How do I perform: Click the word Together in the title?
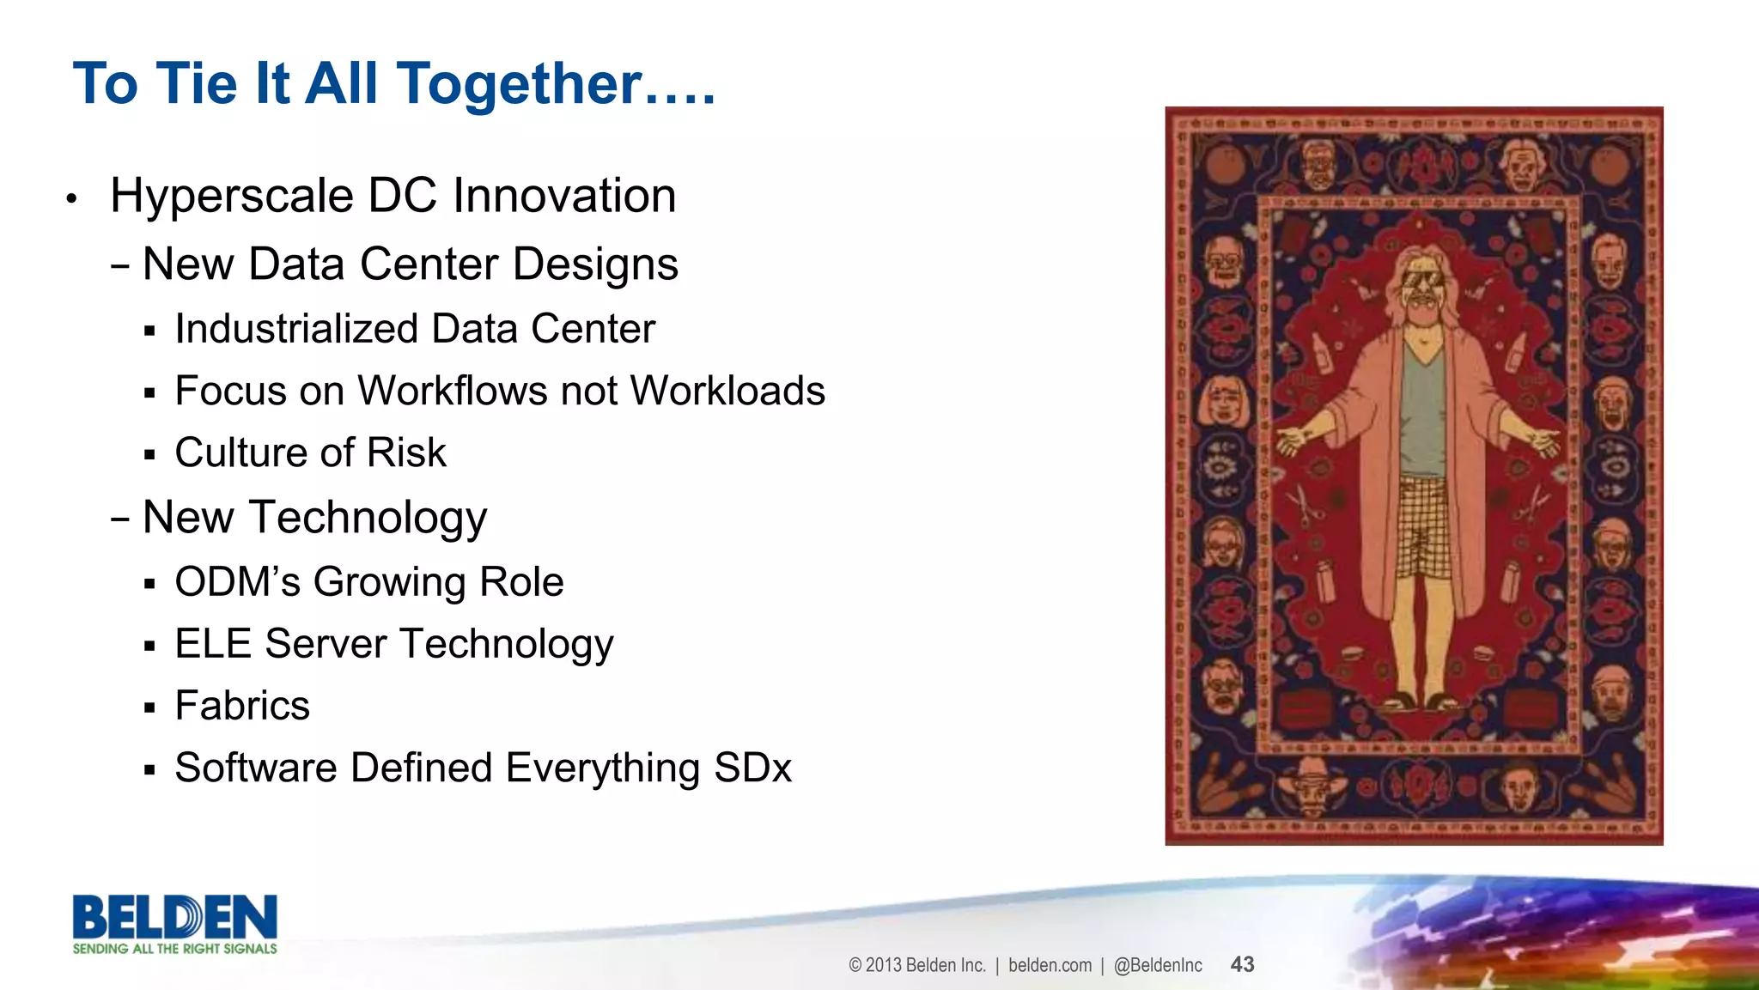pyautogui.click(x=520, y=84)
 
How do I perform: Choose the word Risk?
pyautogui.click(x=406, y=452)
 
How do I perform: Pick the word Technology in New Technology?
pyautogui.click(x=368, y=518)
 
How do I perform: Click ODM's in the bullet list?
pyautogui.click(x=237, y=582)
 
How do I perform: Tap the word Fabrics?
pyautogui.click(x=242, y=706)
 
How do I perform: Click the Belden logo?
pyautogui.click(x=175, y=917)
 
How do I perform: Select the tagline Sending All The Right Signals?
pyautogui.click(x=175, y=949)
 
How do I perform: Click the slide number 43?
pyautogui.click(x=1242, y=965)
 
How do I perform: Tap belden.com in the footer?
pyautogui.click(x=1050, y=965)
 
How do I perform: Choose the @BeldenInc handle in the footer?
pyautogui.click(x=1158, y=965)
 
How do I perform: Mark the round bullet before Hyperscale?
pyautogui.click(x=72, y=199)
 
